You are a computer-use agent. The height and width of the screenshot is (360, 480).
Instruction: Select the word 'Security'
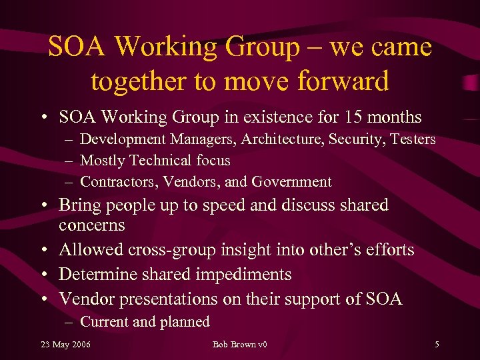coord(348,139)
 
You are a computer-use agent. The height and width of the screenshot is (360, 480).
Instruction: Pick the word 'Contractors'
coord(117,182)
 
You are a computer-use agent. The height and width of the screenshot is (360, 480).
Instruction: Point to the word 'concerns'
coord(91,225)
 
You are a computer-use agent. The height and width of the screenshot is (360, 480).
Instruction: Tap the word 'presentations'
coord(165,299)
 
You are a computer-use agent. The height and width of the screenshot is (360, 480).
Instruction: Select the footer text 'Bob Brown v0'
coord(239,345)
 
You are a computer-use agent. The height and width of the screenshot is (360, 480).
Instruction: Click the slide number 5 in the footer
coord(436,345)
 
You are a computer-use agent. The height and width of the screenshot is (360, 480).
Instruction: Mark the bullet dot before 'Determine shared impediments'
coord(43,275)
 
